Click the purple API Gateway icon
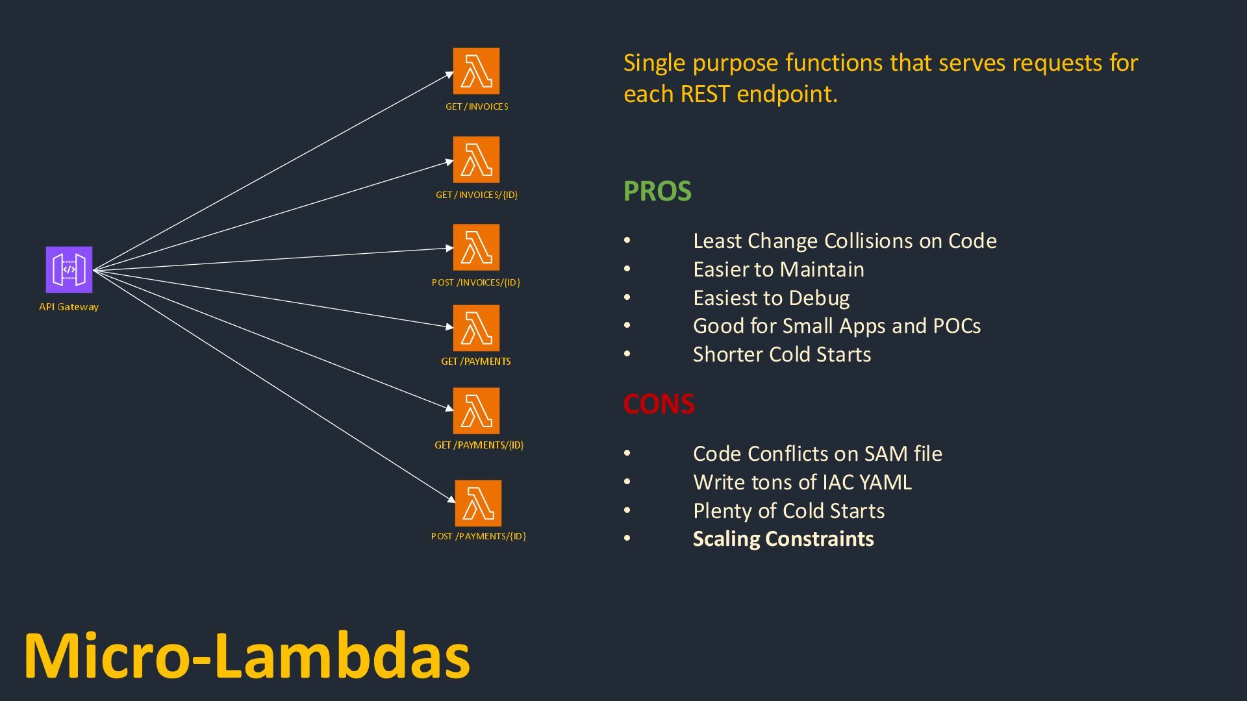coord(69,269)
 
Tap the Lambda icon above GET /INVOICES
coord(476,71)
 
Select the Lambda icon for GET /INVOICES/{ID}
coord(476,159)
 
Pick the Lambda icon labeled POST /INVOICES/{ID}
coord(476,247)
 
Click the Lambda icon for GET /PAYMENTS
coord(476,328)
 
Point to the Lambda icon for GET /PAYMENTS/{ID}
coord(476,411)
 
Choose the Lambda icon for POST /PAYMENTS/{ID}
coord(478,503)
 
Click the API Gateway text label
coord(69,307)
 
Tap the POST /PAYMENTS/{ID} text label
coord(479,536)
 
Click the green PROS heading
coord(657,191)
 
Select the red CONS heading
coord(659,404)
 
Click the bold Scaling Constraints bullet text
coord(783,539)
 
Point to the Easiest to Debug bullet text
coord(771,298)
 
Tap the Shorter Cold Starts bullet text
coord(782,354)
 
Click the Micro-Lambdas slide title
coord(247,656)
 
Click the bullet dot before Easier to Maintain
coord(627,269)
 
